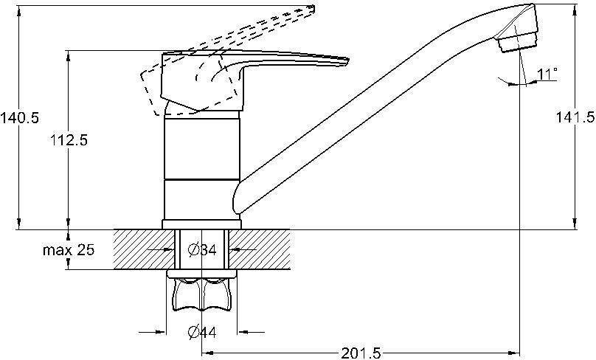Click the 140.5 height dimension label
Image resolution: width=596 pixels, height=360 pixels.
(x=19, y=118)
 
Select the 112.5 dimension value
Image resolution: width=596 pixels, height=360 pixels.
(x=69, y=140)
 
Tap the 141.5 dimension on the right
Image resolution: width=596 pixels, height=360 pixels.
(x=575, y=117)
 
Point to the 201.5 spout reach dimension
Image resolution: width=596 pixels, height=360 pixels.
(x=361, y=353)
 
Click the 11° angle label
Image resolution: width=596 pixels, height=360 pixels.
(x=547, y=74)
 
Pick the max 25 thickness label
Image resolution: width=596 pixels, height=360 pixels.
(x=69, y=250)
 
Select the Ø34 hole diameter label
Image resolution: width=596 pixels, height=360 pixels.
(x=202, y=250)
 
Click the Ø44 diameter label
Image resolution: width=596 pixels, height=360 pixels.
(x=202, y=332)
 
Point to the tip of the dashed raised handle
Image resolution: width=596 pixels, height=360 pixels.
(x=313, y=9)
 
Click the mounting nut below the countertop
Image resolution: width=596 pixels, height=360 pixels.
(x=202, y=291)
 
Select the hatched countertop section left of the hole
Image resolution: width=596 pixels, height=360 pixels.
(x=145, y=249)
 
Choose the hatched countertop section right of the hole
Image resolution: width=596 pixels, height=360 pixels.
(x=260, y=249)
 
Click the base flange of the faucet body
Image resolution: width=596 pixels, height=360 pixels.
(x=202, y=224)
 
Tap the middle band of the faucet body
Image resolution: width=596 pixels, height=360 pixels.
(x=202, y=148)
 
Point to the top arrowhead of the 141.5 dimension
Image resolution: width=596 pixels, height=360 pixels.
(x=575, y=9)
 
